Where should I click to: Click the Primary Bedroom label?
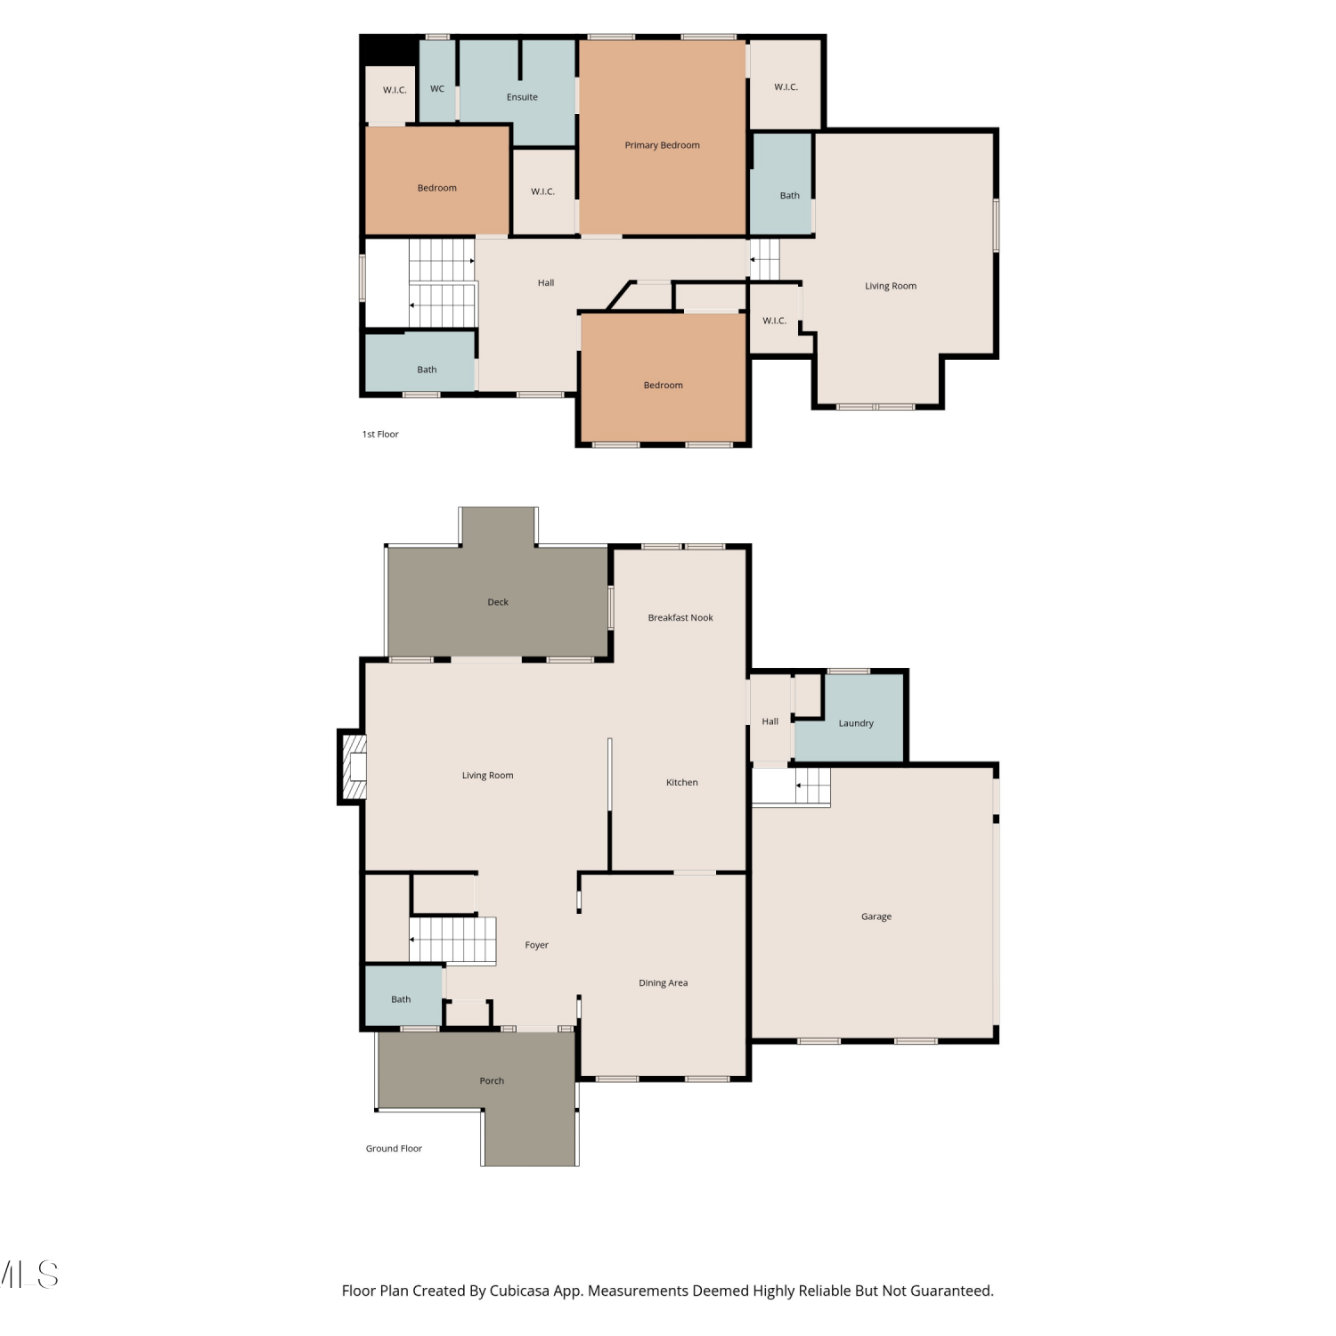tap(662, 145)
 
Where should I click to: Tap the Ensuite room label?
tap(522, 97)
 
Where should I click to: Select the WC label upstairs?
tap(437, 89)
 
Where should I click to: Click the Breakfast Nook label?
tap(680, 617)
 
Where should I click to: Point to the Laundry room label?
tap(856, 723)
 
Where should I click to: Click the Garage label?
tap(876, 916)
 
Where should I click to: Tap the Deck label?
tap(498, 602)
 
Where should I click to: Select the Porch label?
tap(492, 1080)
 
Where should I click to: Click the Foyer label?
tap(536, 945)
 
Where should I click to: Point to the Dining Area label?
tap(663, 983)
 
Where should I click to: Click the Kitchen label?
tap(682, 782)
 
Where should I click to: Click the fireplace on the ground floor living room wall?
tap(353, 767)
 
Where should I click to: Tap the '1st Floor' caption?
tap(380, 435)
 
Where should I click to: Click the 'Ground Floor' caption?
tap(394, 1148)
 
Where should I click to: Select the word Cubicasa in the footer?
tap(519, 1291)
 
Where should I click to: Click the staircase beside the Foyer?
tap(452, 940)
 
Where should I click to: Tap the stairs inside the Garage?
tap(792, 786)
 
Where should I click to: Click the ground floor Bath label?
tap(401, 999)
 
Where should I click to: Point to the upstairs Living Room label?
tap(891, 286)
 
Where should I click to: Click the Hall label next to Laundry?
tap(770, 721)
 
